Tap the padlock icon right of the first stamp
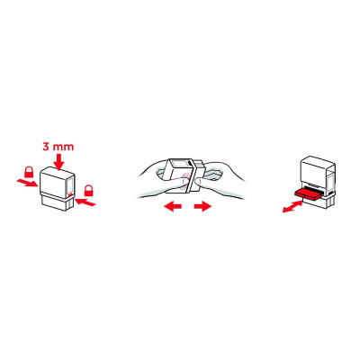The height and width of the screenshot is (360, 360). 89,190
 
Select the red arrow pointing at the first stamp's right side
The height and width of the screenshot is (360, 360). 86,203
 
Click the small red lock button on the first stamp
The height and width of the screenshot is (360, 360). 69,192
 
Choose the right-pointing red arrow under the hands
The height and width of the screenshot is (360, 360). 202,206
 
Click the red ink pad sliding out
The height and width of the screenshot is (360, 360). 306,192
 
